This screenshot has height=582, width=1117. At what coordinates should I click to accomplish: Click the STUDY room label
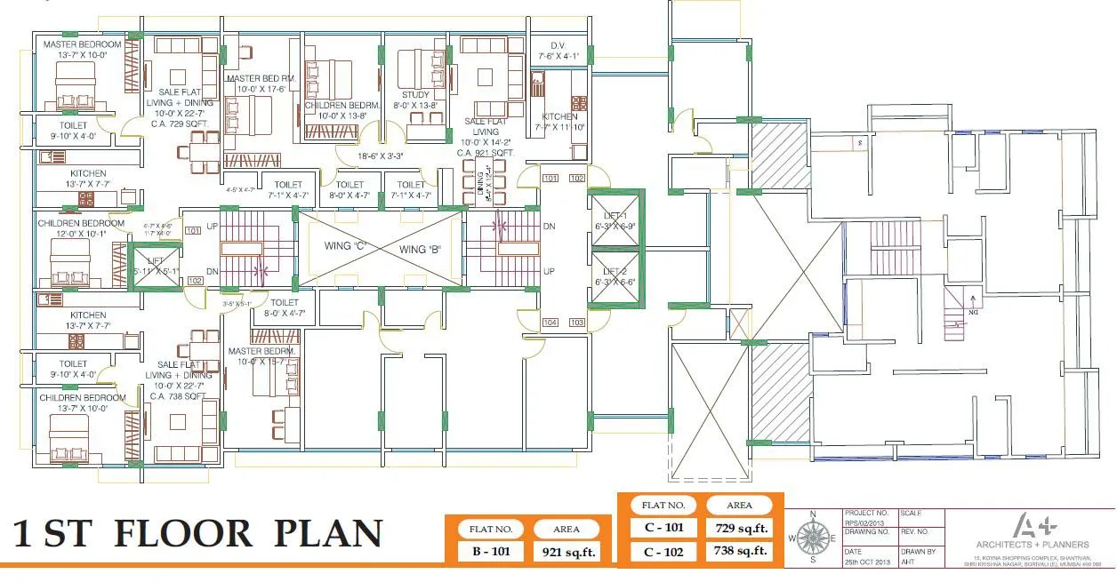(415, 94)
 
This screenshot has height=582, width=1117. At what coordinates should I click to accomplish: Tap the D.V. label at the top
(558, 45)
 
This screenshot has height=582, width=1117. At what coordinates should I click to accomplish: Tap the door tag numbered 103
(577, 323)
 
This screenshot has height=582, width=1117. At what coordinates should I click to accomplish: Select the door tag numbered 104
(550, 323)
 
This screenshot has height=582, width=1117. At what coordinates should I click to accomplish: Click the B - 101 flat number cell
(490, 551)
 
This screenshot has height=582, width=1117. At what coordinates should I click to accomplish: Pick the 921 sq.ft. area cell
(566, 551)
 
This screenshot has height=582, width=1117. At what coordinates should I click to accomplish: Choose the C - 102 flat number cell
(663, 551)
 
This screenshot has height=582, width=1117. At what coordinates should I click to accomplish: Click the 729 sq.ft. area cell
(739, 528)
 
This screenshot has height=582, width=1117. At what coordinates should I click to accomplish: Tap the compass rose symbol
(811, 536)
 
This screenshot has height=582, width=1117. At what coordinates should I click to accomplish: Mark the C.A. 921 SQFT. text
(487, 152)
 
